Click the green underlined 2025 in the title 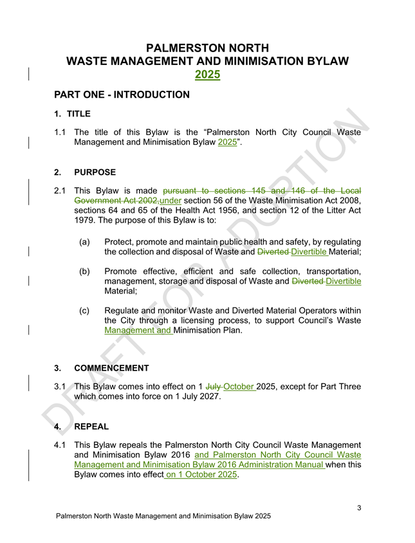(x=207, y=75)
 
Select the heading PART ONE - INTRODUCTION (x=122, y=95)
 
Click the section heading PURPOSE (x=95, y=172)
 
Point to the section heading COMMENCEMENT (x=111, y=369)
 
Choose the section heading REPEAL (x=91, y=427)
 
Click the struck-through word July (x=214, y=387)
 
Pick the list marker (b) (x=84, y=271)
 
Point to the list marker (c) (x=84, y=310)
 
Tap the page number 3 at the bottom (x=359, y=508)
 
